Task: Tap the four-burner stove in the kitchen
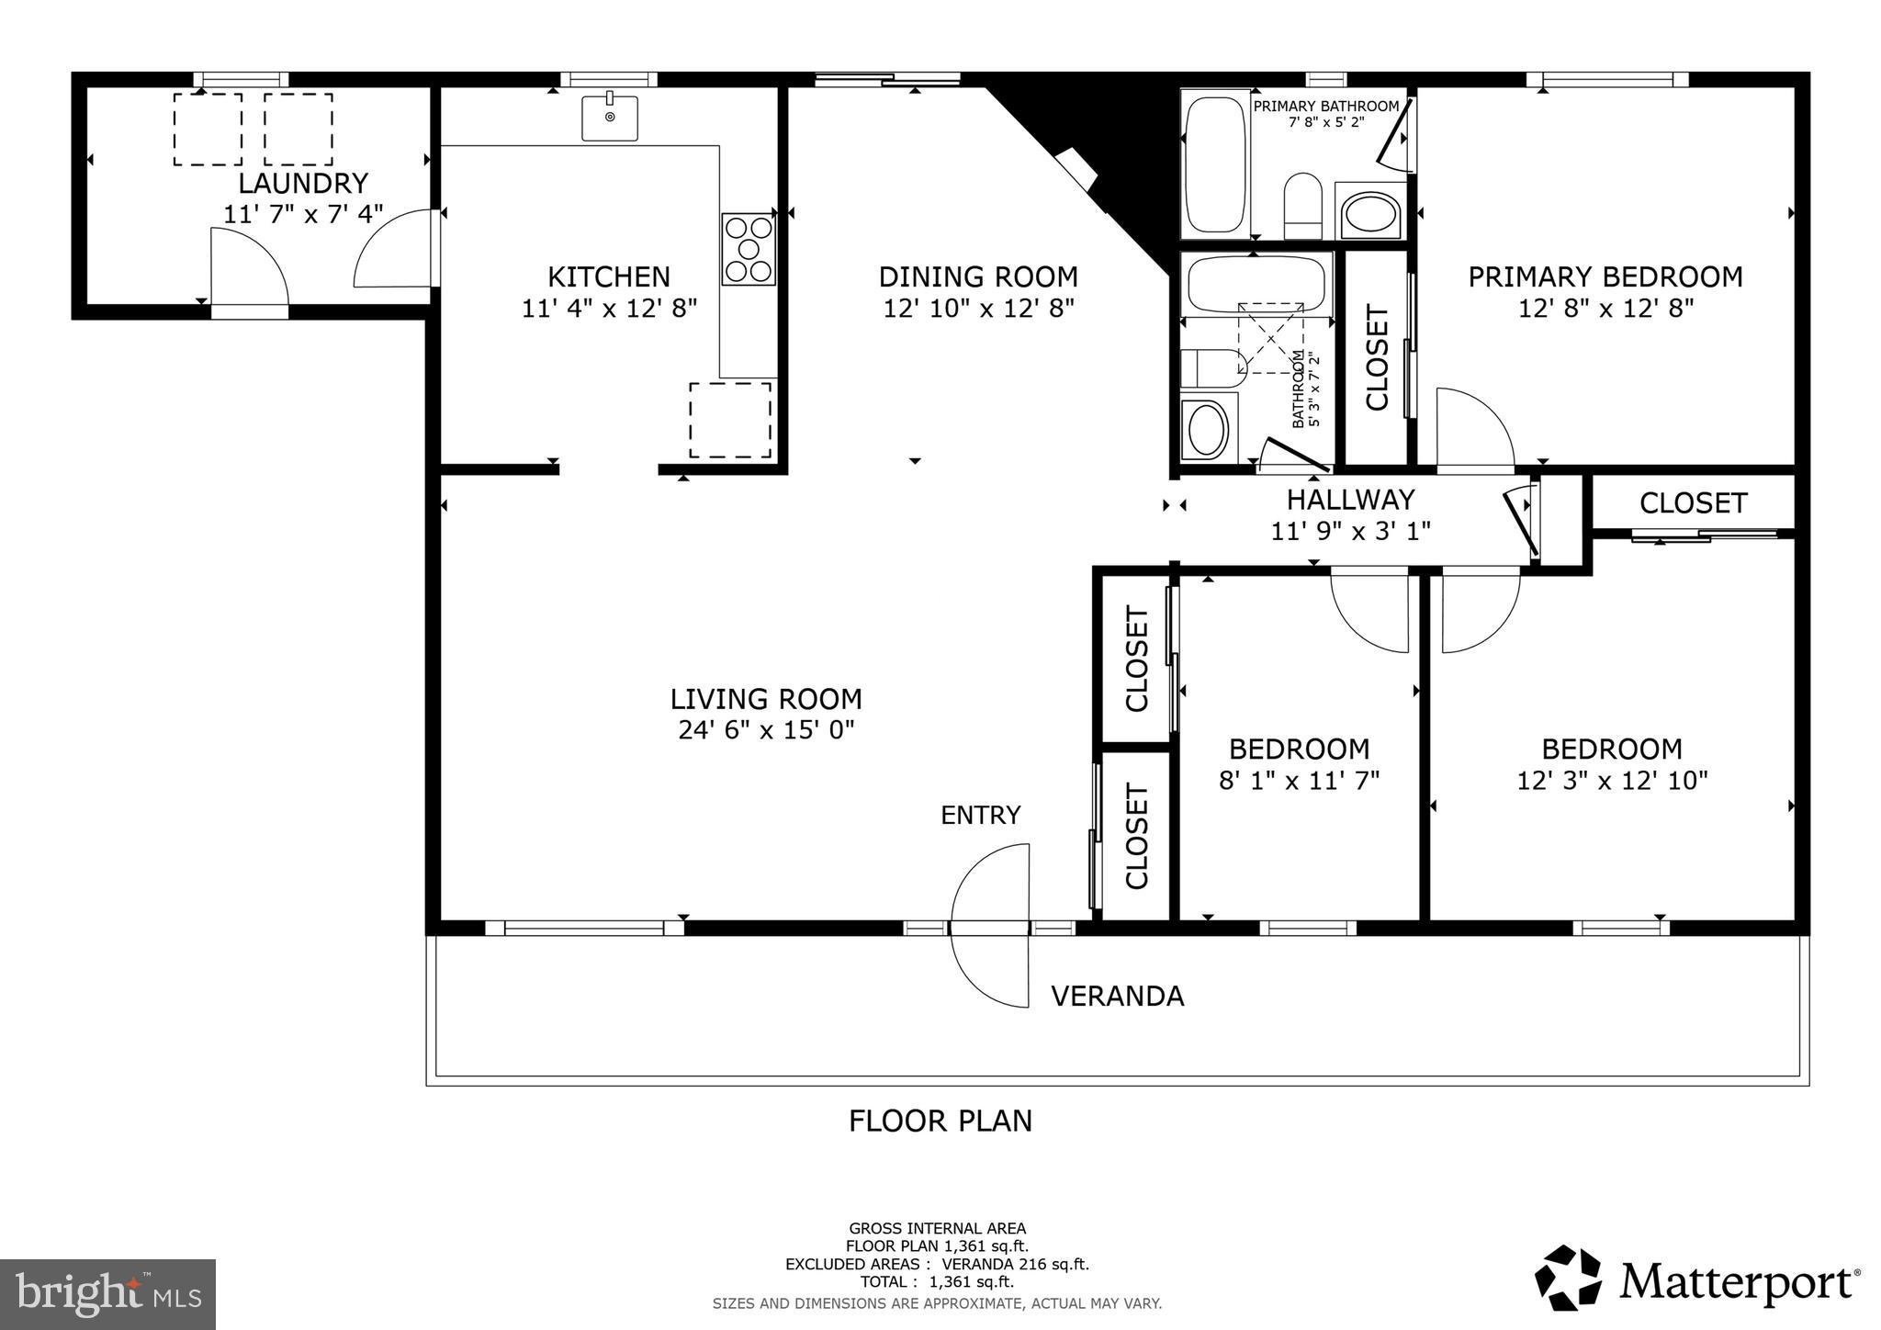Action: [748, 249]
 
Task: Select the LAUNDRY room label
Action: [303, 183]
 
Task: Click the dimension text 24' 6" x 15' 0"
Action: [766, 731]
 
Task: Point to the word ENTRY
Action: [980, 816]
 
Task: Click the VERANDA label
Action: [1117, 997]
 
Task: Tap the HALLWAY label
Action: [1350, 500]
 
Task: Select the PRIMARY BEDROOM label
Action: [1605, 276]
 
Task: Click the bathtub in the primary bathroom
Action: [1216, 165]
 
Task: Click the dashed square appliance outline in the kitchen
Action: [730, 420]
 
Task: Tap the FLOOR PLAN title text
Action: [940, 1121]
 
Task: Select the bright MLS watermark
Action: [107, 1294]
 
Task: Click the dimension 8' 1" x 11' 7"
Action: [1299, 781]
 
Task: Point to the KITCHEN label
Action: [609, 276]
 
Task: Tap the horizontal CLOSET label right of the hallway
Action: [1693, 503]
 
